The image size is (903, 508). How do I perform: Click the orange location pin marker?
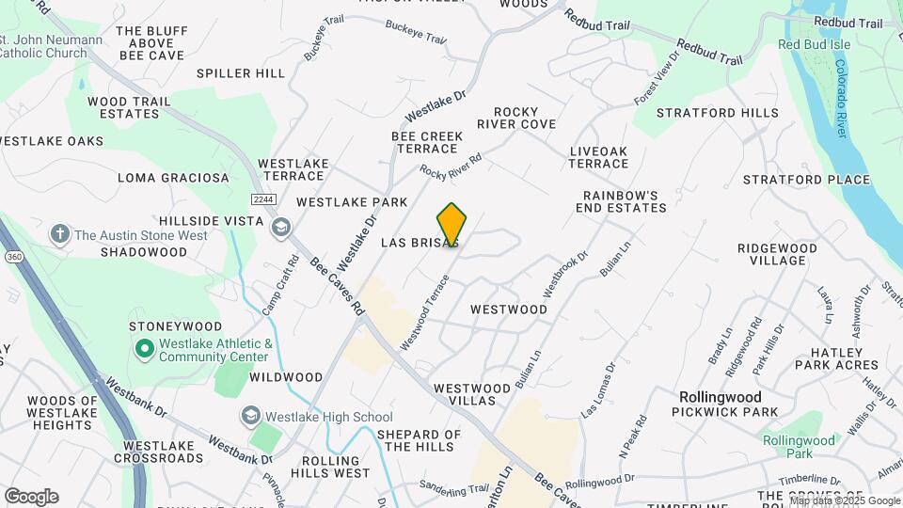pyautogui.click(x=452, y=225)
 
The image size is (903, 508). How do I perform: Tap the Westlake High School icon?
pyautogui.click(x=250, y=416)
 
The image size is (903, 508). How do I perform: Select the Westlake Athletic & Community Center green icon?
pyautogui.click(x=144, y=350)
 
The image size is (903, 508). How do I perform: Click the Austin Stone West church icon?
pyautogui.click(x=60, y=234)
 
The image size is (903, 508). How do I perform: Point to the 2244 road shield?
pyautogui.click(x=263, y=199)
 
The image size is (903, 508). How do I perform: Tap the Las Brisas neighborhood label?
pyautogui.click(x=420, y=243)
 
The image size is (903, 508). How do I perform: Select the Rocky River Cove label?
pyautogui.click(x=515, y=118)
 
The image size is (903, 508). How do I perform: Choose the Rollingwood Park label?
pyautogui.click(x=799, y=447)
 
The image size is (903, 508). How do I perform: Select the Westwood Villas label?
pyautogui.click(x=478, y=394)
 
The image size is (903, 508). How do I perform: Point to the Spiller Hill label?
pyautogui.click(x=241, y=73)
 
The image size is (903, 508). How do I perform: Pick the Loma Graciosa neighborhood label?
pyautogui.click(x=173, y=177)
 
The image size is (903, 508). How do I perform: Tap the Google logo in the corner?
pyautogui.click(x=31, y=497)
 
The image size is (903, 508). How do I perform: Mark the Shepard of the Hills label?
pyautogui.click(x=419, y=440)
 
